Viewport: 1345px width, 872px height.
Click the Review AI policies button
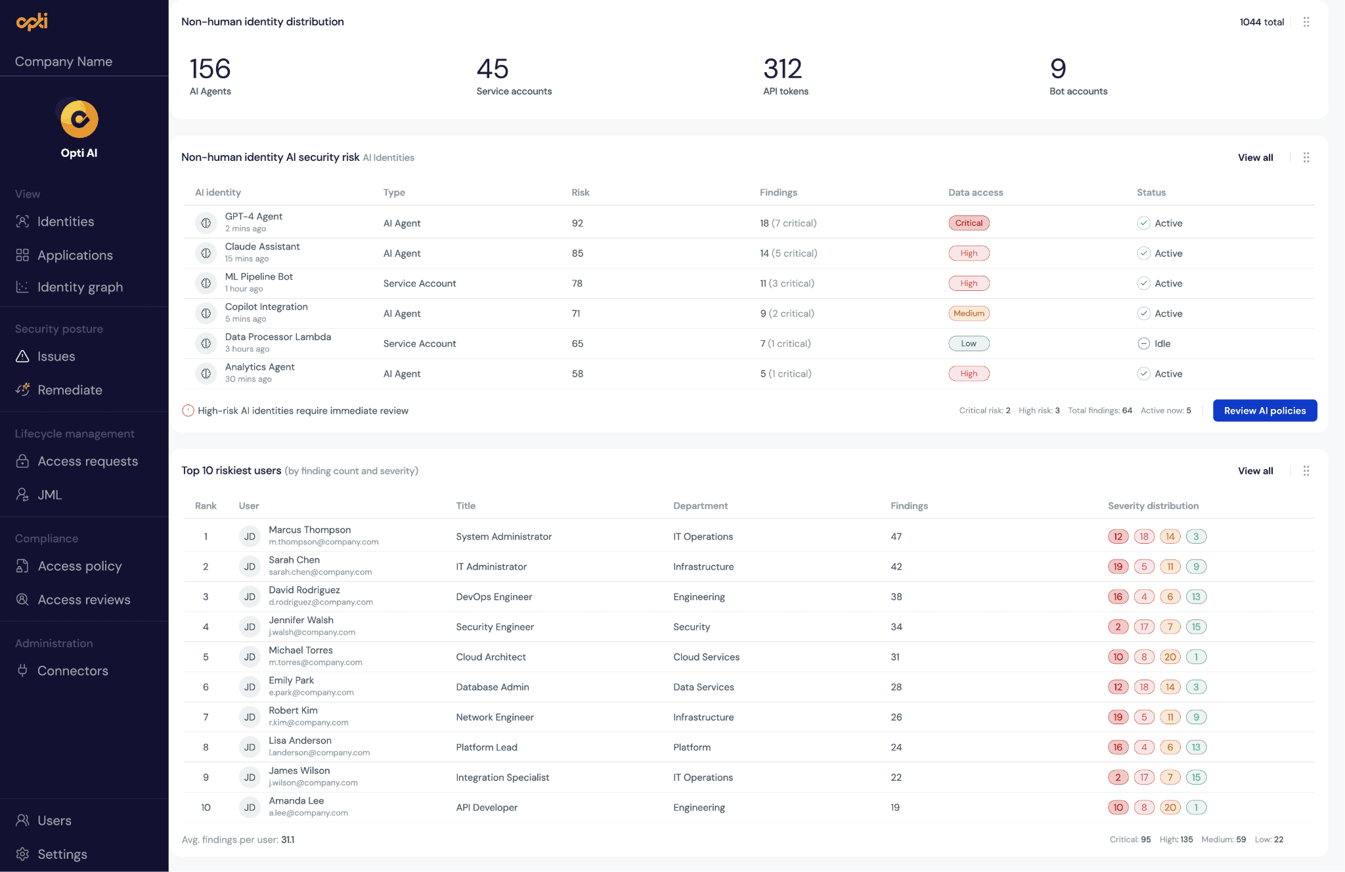[1264, 410]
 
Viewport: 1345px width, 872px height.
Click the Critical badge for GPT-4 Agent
[969, 223]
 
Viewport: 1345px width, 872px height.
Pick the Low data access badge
[969, 343]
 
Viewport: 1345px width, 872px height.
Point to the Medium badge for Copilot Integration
[969, 313]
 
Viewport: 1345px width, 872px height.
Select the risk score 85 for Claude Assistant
[577, 253]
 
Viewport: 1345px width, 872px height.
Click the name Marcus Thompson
[310, 530]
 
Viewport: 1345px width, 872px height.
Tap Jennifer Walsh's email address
[312, 632]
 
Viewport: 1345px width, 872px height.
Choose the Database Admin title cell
[493, 687]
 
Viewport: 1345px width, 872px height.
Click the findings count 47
[896, 536]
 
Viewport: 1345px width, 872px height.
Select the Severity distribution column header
[1153, 506]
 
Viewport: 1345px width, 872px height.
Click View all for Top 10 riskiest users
[1255, 471]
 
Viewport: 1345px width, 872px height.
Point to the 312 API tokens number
[783, 68]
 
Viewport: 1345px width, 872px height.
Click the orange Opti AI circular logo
[79, 119]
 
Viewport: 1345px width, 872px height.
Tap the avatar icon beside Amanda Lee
[250, 808]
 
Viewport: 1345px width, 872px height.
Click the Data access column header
[975, 192]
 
